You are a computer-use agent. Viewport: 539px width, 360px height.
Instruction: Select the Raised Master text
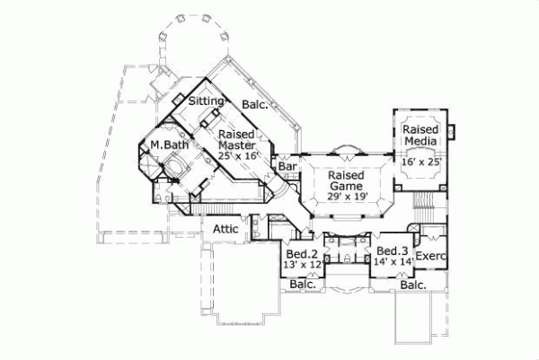[x=236, y=138]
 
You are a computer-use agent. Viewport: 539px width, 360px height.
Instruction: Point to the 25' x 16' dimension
[x=238, y=155]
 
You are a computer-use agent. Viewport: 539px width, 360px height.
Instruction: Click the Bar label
[x=287, y=167]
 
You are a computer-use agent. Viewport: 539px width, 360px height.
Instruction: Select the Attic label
[x=225, y=229]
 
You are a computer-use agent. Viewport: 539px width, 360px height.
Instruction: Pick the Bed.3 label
[x=393, y=250]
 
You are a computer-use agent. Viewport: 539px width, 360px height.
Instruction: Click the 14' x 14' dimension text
[x=393, y=262]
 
